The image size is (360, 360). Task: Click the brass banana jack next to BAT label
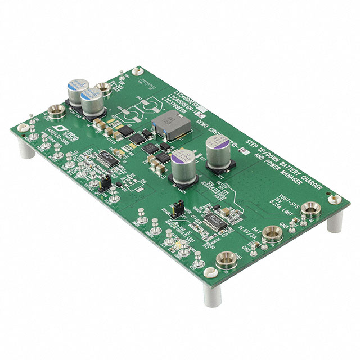tap(270, 232)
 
